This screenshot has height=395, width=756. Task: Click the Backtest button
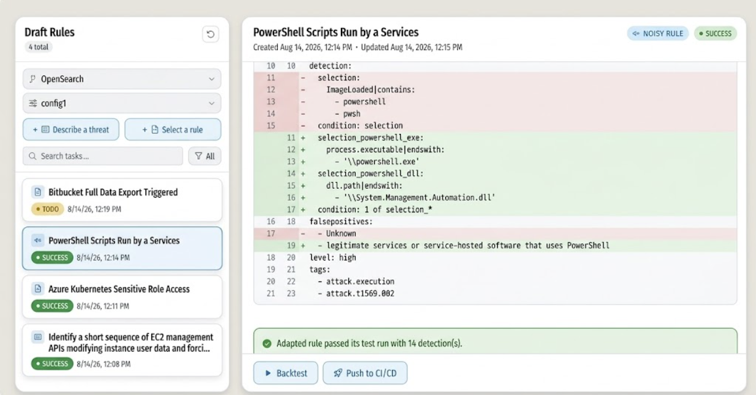(x=285, y=373)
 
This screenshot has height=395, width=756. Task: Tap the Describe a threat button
(x=71, y=130)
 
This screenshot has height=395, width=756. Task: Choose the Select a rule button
(x=173, y=130)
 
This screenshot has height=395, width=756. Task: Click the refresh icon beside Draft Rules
(x=211, y=34)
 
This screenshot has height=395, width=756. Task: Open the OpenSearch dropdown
(x=122, y=79)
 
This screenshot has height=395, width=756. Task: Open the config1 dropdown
(x=122, y=103)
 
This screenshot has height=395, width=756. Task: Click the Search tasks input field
(x=103, y=156)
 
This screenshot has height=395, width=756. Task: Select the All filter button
(x=205, y=156)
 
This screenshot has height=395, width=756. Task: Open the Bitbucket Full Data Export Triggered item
(x=122, y=200)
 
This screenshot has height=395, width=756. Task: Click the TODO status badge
(x=48, y=209)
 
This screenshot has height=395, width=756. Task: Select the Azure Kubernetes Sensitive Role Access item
(x=122, y=297)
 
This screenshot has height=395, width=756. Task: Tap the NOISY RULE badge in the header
(x=658, y=33)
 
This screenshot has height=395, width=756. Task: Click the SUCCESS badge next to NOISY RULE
(x=715, y=33)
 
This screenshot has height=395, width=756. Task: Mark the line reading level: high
(x=333, y=258)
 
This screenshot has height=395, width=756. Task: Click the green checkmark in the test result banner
(x=267, y=343)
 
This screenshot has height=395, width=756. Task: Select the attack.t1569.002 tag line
(x=356, y=293)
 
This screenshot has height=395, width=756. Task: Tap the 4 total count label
(x=38, y=47)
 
